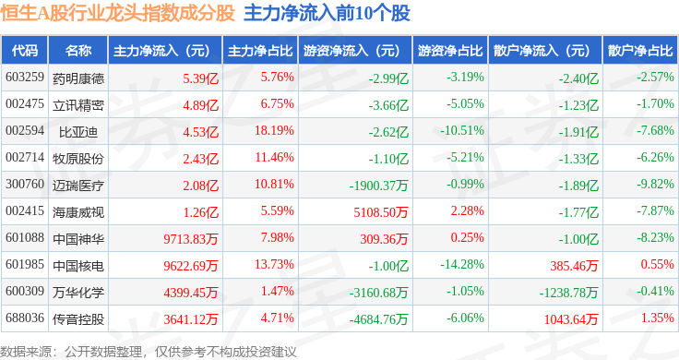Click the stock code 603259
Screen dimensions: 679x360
click(x=25, y=78)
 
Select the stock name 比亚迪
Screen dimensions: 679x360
click(x=78, y=132)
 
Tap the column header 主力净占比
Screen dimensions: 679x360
click(x=260, y=51)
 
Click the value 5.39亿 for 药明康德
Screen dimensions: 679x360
click(x=200, y=78)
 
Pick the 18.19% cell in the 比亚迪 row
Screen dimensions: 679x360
click(x=274, y=130)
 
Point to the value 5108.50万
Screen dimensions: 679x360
click(x=381, y=212)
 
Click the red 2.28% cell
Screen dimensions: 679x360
click(x=467, y=211)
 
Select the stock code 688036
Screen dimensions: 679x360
click(x=25, y=318)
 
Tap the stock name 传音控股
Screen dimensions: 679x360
click(x=78, y=319)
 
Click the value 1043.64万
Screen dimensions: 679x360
click(x=571, y=319)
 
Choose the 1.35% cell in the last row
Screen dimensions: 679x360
click(x=658, y=318)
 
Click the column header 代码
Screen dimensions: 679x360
click(x=25, y=51)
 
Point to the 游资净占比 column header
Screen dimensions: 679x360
click(x=450, y=51)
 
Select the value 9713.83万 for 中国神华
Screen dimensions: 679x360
click(x=191, y=239)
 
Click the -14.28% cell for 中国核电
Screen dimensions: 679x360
click(x=462, y=264)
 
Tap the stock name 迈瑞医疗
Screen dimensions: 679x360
click(x=78, y=186)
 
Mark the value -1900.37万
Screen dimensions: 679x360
click(x=378, y=186)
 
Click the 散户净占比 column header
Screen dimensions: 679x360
click(x=640, y=51)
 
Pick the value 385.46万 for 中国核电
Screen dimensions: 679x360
click(x=574, y=266)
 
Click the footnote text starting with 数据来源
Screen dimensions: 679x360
click(x=149, y=352)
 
